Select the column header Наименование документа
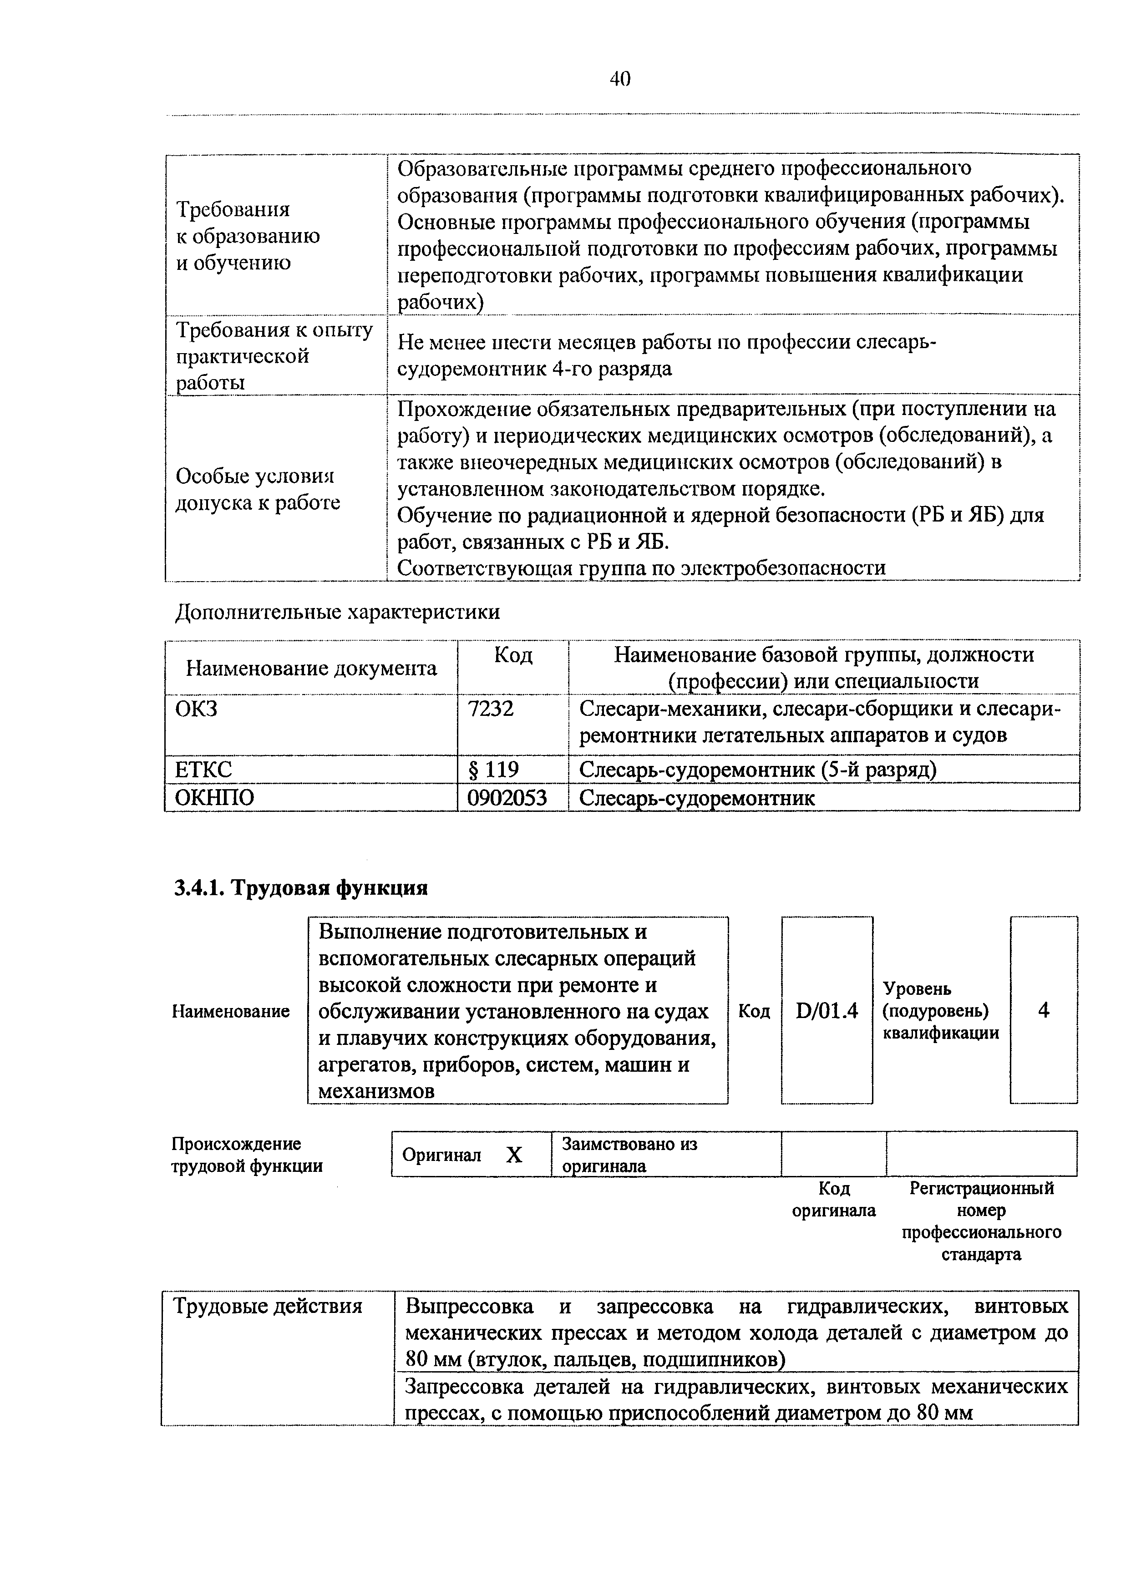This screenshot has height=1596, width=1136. (x=311, y=668)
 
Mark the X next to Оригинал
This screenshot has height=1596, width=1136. (x=514, y=1155)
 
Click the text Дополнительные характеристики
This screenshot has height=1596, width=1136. (x=337, y=612)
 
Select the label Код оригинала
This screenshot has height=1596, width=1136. (x=833, y=1200)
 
